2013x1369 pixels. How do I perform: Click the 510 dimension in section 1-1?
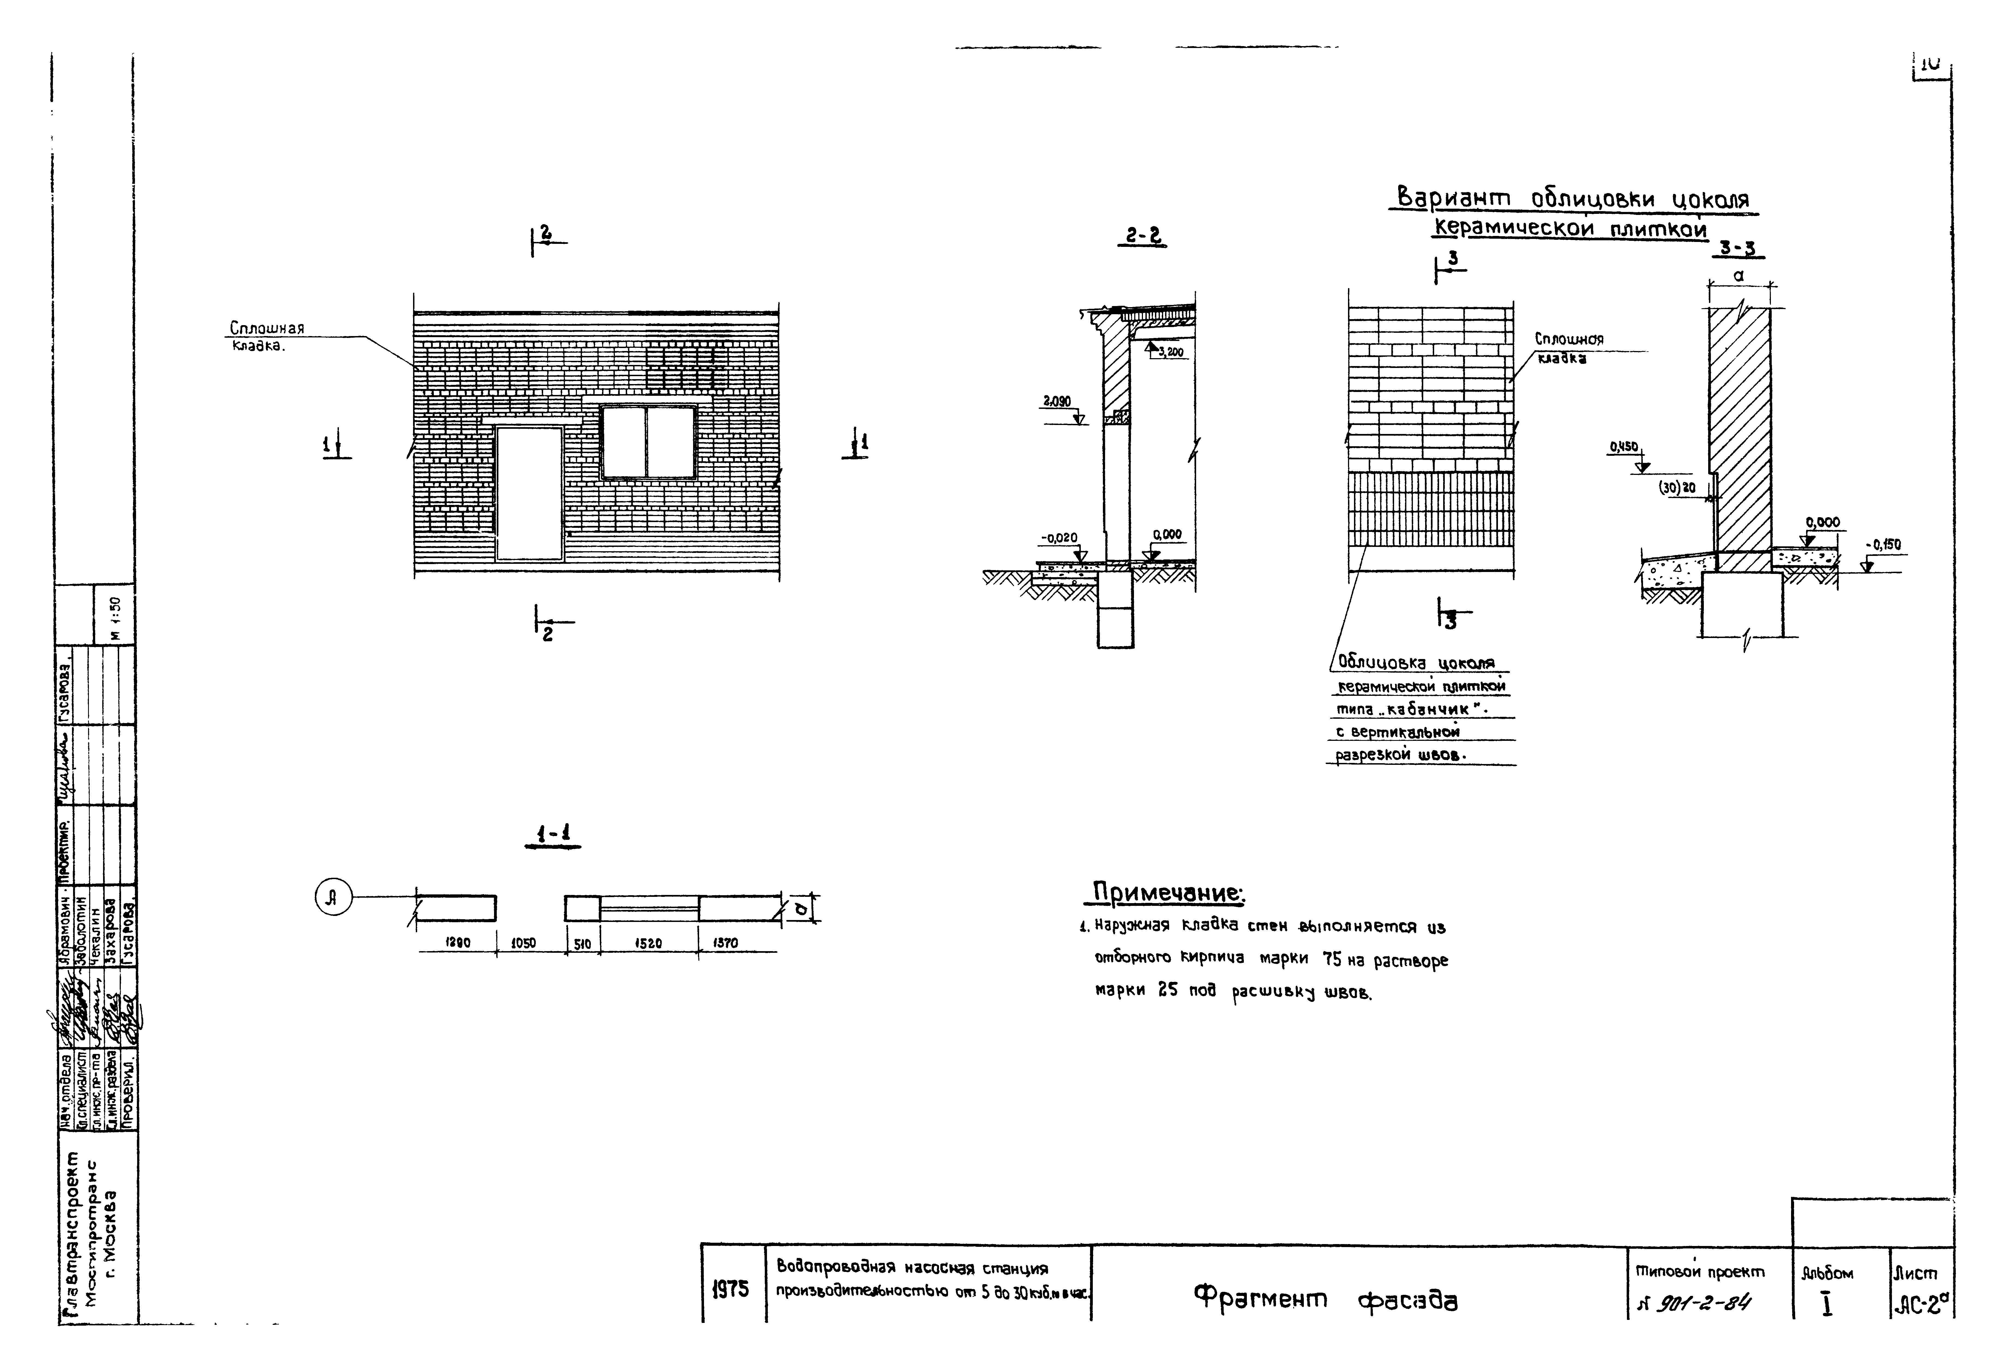pos(582,943)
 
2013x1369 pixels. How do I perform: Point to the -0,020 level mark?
pos(1059,538)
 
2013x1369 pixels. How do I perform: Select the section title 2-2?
pos(1143,236)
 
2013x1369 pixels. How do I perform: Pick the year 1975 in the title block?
pos(730,1289)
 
